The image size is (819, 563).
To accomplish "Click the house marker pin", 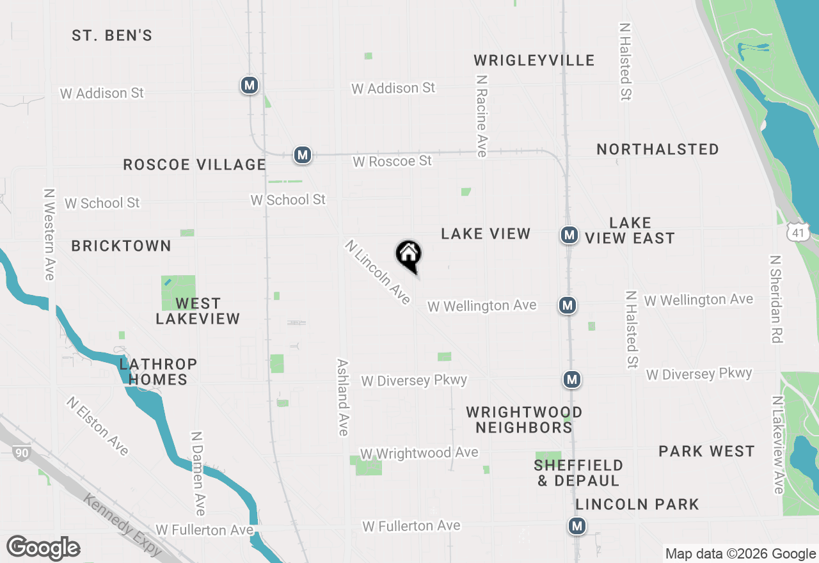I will pos(408,255).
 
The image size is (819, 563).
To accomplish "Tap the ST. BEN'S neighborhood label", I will pos(112,35).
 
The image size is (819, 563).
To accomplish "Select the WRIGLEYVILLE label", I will pos(534,60).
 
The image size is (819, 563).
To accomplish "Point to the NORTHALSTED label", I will pos(658,149).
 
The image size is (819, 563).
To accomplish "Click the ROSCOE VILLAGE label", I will pos(195,164).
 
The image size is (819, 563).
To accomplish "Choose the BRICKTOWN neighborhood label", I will pos(122,246).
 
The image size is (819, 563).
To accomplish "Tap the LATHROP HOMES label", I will pos(158,372).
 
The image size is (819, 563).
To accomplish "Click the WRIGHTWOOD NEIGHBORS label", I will pos(524,420).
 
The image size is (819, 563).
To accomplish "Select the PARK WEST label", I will pos(707,451).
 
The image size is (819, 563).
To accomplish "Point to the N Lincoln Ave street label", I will pos(378,273).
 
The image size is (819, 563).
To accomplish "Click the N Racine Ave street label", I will pos(482,115).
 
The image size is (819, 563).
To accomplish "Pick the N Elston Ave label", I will pos(97,426).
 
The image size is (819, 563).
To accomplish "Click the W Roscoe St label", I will pos(392,161).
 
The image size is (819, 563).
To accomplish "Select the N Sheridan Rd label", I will pos(776,299).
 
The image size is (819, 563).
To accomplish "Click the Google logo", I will pos(43,548).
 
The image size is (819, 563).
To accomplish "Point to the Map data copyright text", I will pos(740,554).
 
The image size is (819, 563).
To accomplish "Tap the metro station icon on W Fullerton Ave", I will pos(577,526).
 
